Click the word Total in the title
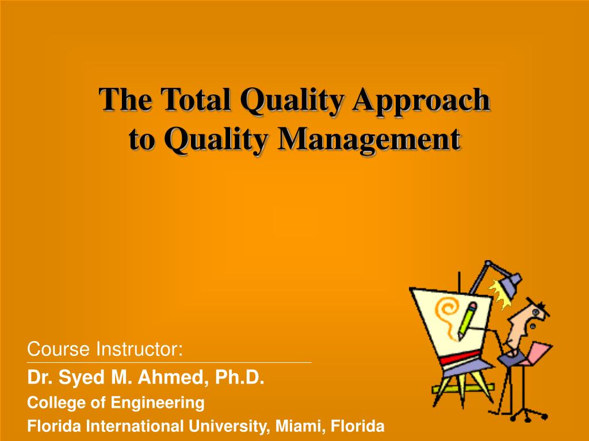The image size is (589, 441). [195, 100]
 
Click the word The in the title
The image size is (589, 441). [125, 100]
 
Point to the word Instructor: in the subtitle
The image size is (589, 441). [139, 349]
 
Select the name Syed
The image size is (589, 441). [82, 378]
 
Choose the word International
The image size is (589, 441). [135, 426]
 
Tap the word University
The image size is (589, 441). [229, 427]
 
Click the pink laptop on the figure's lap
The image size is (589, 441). [537, 353]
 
